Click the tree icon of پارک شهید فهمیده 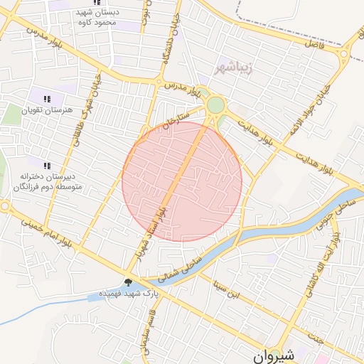pyautogui.click(x=128, y=282)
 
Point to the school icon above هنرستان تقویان pyautogui.click(x=48, y=99)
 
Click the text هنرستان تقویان pyautogui.click(x=48, y=110)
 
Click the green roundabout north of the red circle pyautogui.click(x=215, y=105)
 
